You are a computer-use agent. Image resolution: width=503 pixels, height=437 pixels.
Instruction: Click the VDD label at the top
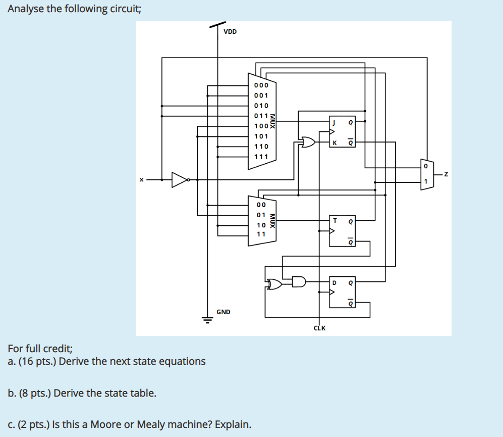point(230,32)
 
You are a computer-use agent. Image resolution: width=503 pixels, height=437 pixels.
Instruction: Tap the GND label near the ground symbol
point(223,312)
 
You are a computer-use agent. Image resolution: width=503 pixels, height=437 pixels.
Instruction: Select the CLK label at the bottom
point(319,328)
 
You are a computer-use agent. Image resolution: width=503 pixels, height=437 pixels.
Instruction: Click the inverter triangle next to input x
point(179,179)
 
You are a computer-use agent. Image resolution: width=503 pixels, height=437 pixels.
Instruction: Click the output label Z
point(446,175)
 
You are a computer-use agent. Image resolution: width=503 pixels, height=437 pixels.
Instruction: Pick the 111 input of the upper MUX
point(261,157)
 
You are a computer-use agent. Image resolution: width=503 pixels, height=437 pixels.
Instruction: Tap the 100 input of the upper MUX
point(261,126)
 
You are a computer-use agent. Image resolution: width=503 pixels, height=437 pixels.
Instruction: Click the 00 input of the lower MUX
point(261,205)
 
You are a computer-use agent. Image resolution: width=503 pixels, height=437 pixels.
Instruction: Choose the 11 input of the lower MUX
point(261,234)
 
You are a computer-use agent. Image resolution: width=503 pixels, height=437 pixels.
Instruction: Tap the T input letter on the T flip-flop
point(334,220)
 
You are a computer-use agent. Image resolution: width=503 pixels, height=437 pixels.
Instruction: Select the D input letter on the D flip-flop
point(333,282)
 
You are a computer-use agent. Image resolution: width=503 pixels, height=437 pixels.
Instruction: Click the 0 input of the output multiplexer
point(425,166)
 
